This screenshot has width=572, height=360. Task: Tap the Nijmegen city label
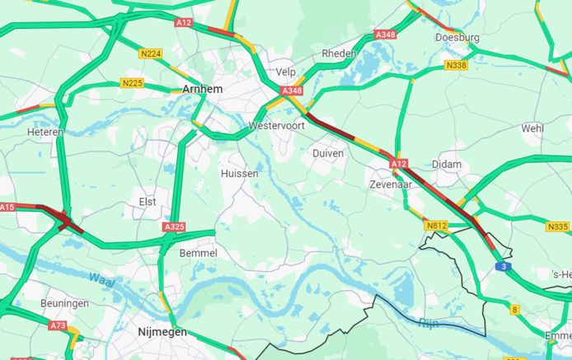[x=162, y=332]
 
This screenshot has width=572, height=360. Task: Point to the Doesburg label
[x=457, y=38]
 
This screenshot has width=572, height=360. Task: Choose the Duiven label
[x=328, y=153]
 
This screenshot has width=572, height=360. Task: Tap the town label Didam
[x=447, y=165]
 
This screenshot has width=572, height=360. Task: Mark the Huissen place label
[x=240, y=174]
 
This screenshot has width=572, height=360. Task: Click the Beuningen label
[x=64, y=303]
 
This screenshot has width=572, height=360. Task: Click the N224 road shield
[x=151, y=54]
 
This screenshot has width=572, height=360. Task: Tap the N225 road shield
[x=132, y=83]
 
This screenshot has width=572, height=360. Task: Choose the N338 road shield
[x=456, y=65]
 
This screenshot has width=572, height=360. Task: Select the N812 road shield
[x=436, y=225]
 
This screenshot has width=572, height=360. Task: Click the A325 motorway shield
[x=175, y=227]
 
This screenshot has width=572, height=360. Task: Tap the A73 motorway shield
[x=57, y=326]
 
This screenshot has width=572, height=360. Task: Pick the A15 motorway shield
[x=7, y=207]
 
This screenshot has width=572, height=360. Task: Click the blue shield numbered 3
[x=504, y=267]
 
